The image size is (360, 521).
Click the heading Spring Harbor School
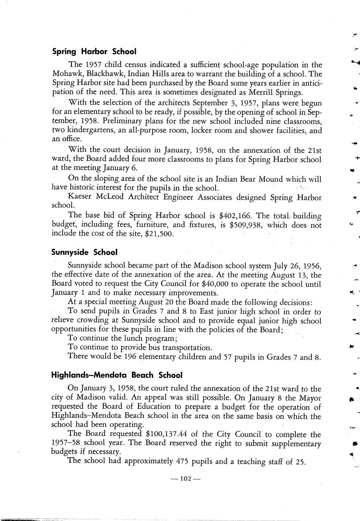coord(94,51)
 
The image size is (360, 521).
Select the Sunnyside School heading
coord(84,252)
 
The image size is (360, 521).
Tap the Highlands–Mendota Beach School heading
coord(117,375)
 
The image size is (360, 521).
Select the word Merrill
coord(263,92)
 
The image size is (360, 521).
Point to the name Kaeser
coord(80,197)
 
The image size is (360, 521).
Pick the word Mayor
coord(310,398)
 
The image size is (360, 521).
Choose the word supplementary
coord(291,444)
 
